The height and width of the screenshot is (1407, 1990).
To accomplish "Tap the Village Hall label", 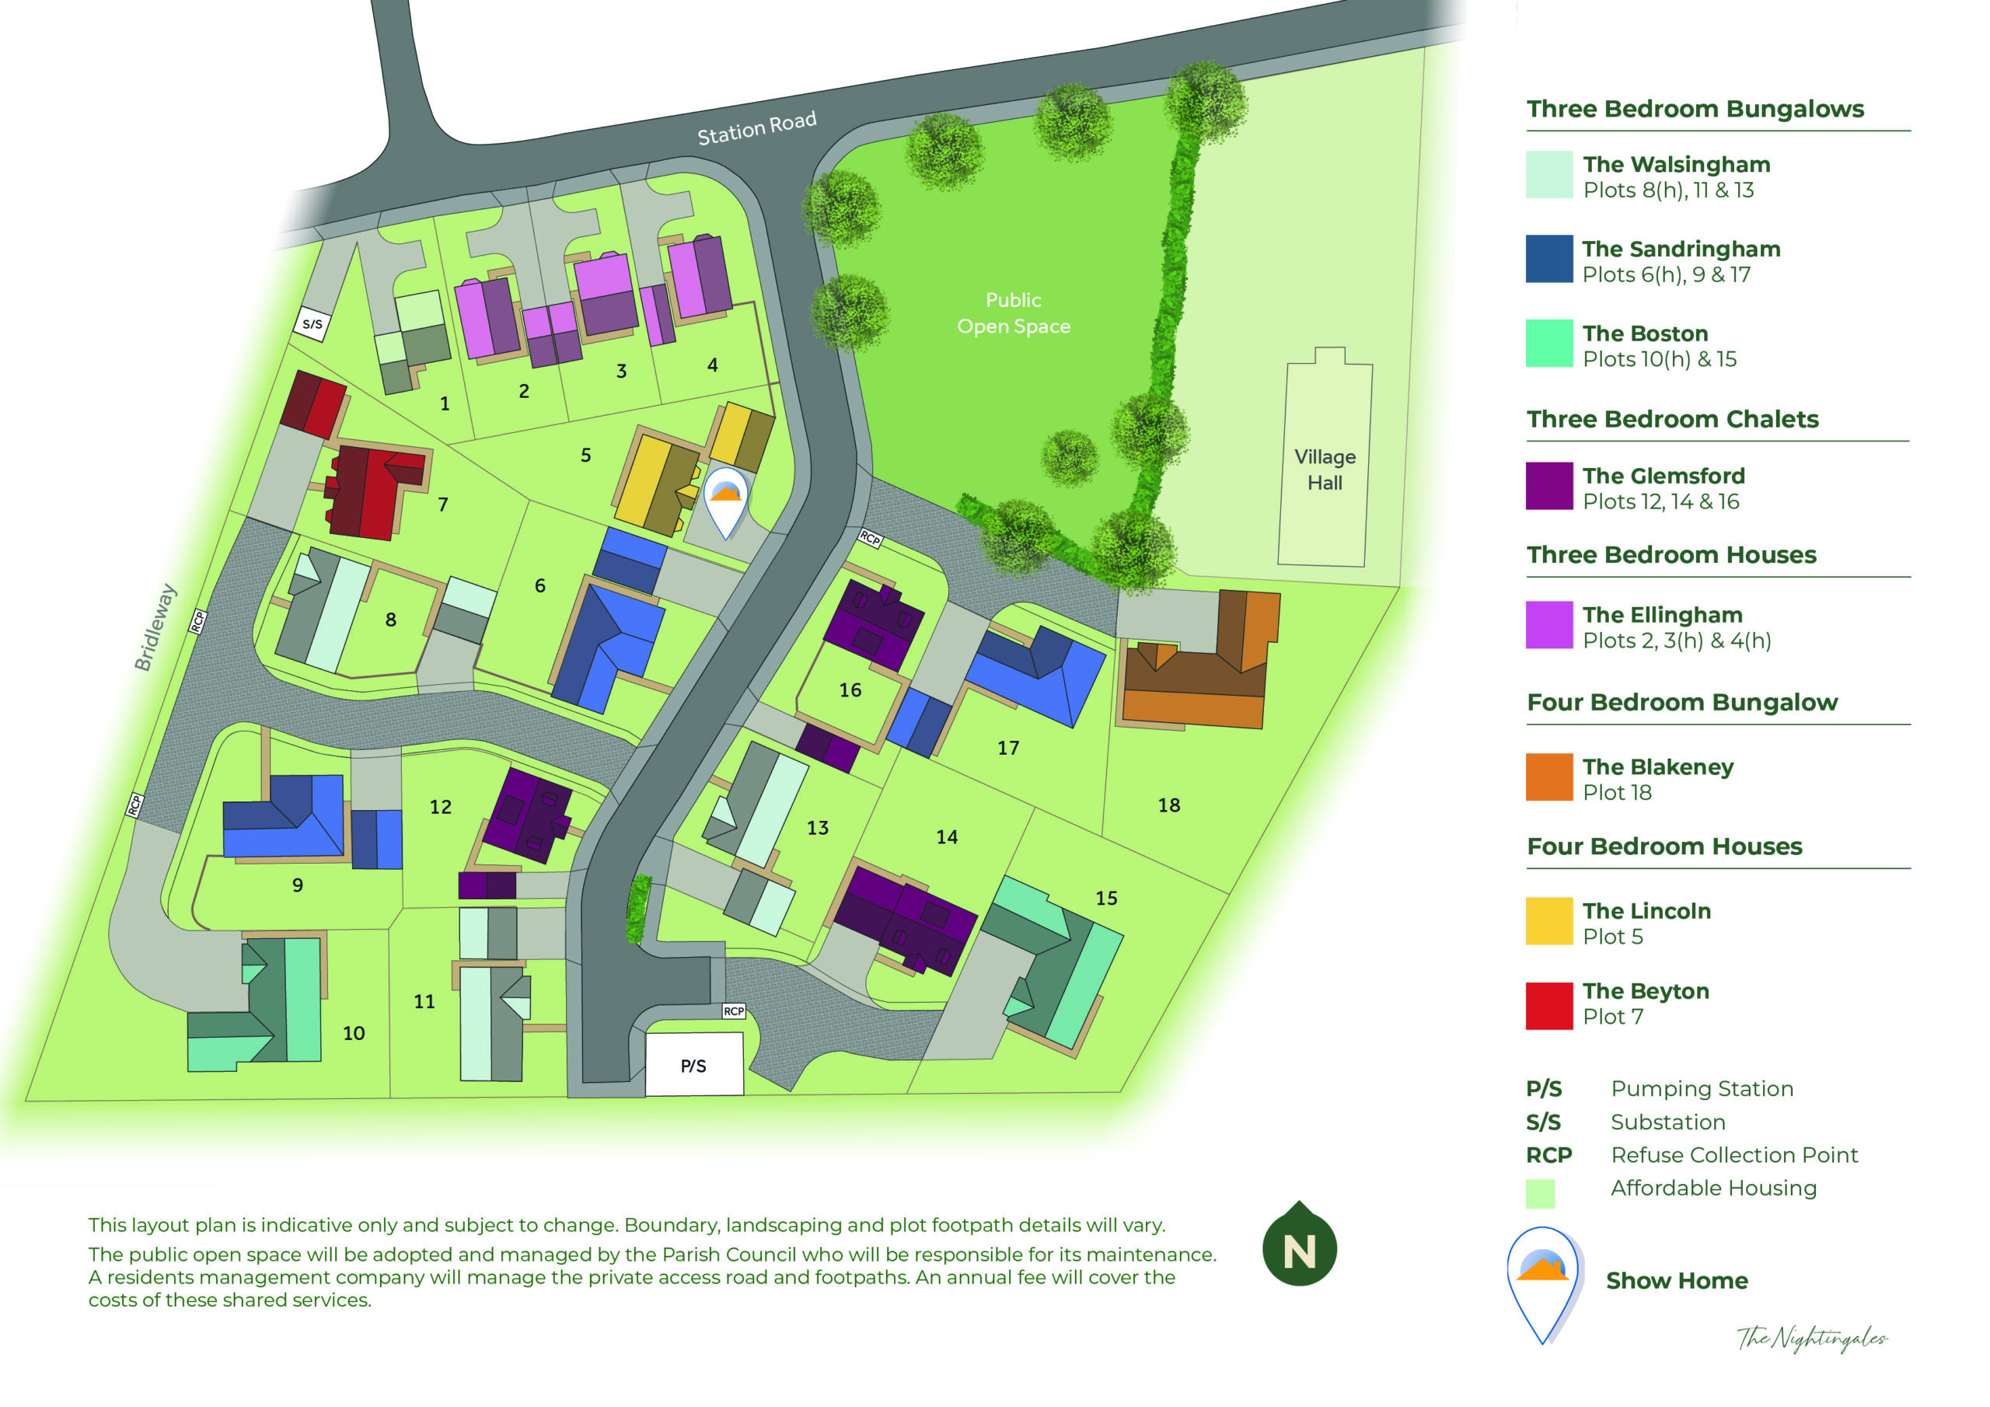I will (x=1325, y=470).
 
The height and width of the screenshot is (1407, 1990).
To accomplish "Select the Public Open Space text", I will (x=1012, y=313).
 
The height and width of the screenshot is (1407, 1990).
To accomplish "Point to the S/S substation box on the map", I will (x=312, y=325).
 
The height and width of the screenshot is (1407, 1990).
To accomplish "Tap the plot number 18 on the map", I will (x=1168, y=805).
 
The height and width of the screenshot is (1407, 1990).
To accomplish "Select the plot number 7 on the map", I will (x=443, y=504).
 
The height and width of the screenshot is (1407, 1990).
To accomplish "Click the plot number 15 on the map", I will (x=1106, y=898).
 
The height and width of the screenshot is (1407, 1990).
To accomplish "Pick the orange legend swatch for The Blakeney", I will (x=1548, y=777).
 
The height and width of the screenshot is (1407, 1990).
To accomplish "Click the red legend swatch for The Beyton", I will (x=1548, y=1005).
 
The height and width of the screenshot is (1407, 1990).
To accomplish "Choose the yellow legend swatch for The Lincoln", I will (x=1548, y=920).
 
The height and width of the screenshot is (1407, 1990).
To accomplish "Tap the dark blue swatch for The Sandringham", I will (x=1548, y=258).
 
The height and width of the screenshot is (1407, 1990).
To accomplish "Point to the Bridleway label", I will (x=155, y=627).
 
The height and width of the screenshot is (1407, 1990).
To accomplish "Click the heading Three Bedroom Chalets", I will (x=1672, y=420).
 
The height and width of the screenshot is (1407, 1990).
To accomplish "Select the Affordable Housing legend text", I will (x=1712, y=1188).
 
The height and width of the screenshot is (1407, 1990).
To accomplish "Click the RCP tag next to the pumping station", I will (x=733, y=1011).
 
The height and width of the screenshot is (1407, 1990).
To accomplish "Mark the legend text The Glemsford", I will (x=1664, y=476).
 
